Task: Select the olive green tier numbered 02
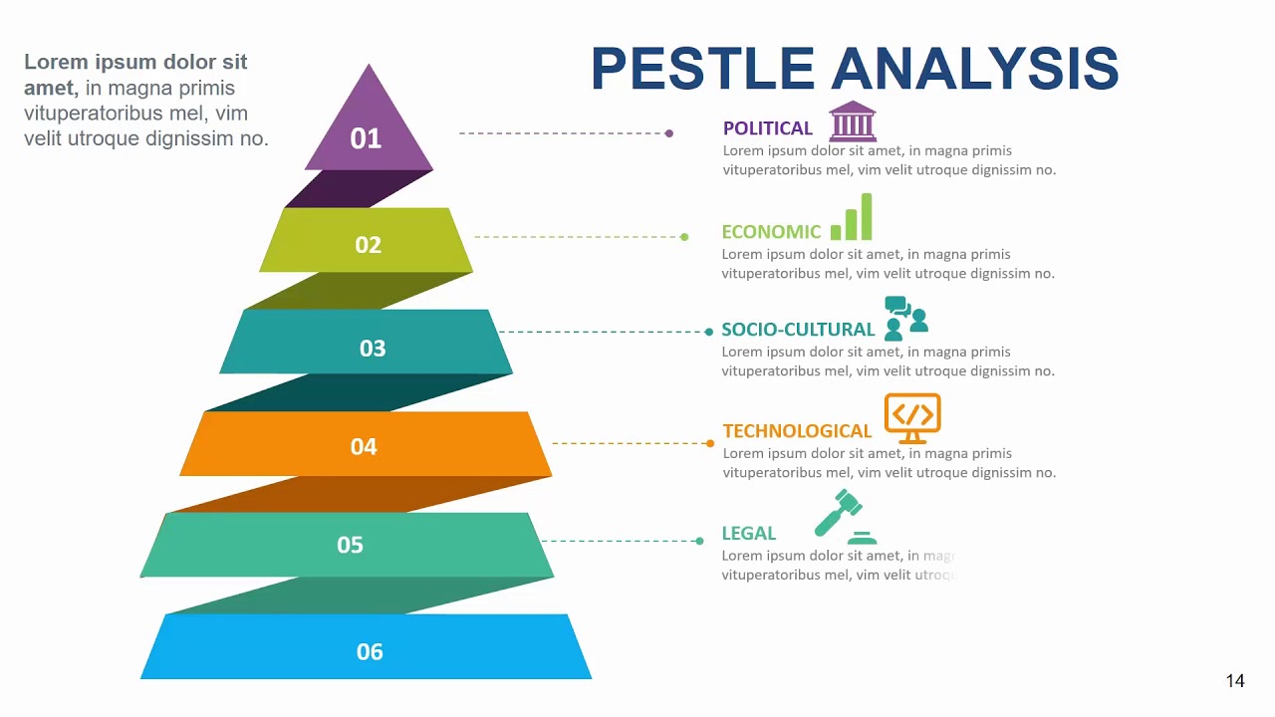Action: point(367,241)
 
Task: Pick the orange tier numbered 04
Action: point(366,444)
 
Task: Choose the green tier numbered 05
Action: point(349,545)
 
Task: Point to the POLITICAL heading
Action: point(767,128)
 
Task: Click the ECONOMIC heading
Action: point(771,232)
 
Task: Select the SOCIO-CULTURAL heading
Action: point(797,330)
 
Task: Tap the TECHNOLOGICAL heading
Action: point(797,431)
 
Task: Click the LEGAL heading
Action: point(748,534)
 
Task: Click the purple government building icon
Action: point(853,120)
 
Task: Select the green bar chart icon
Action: point(852,217)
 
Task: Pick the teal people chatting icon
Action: point(905,318)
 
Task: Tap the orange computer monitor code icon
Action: point(912,418)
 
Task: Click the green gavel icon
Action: point(845,516)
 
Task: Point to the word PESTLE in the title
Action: point(702,69)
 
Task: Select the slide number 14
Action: point(1235,681)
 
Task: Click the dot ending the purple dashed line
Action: point(669,132)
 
